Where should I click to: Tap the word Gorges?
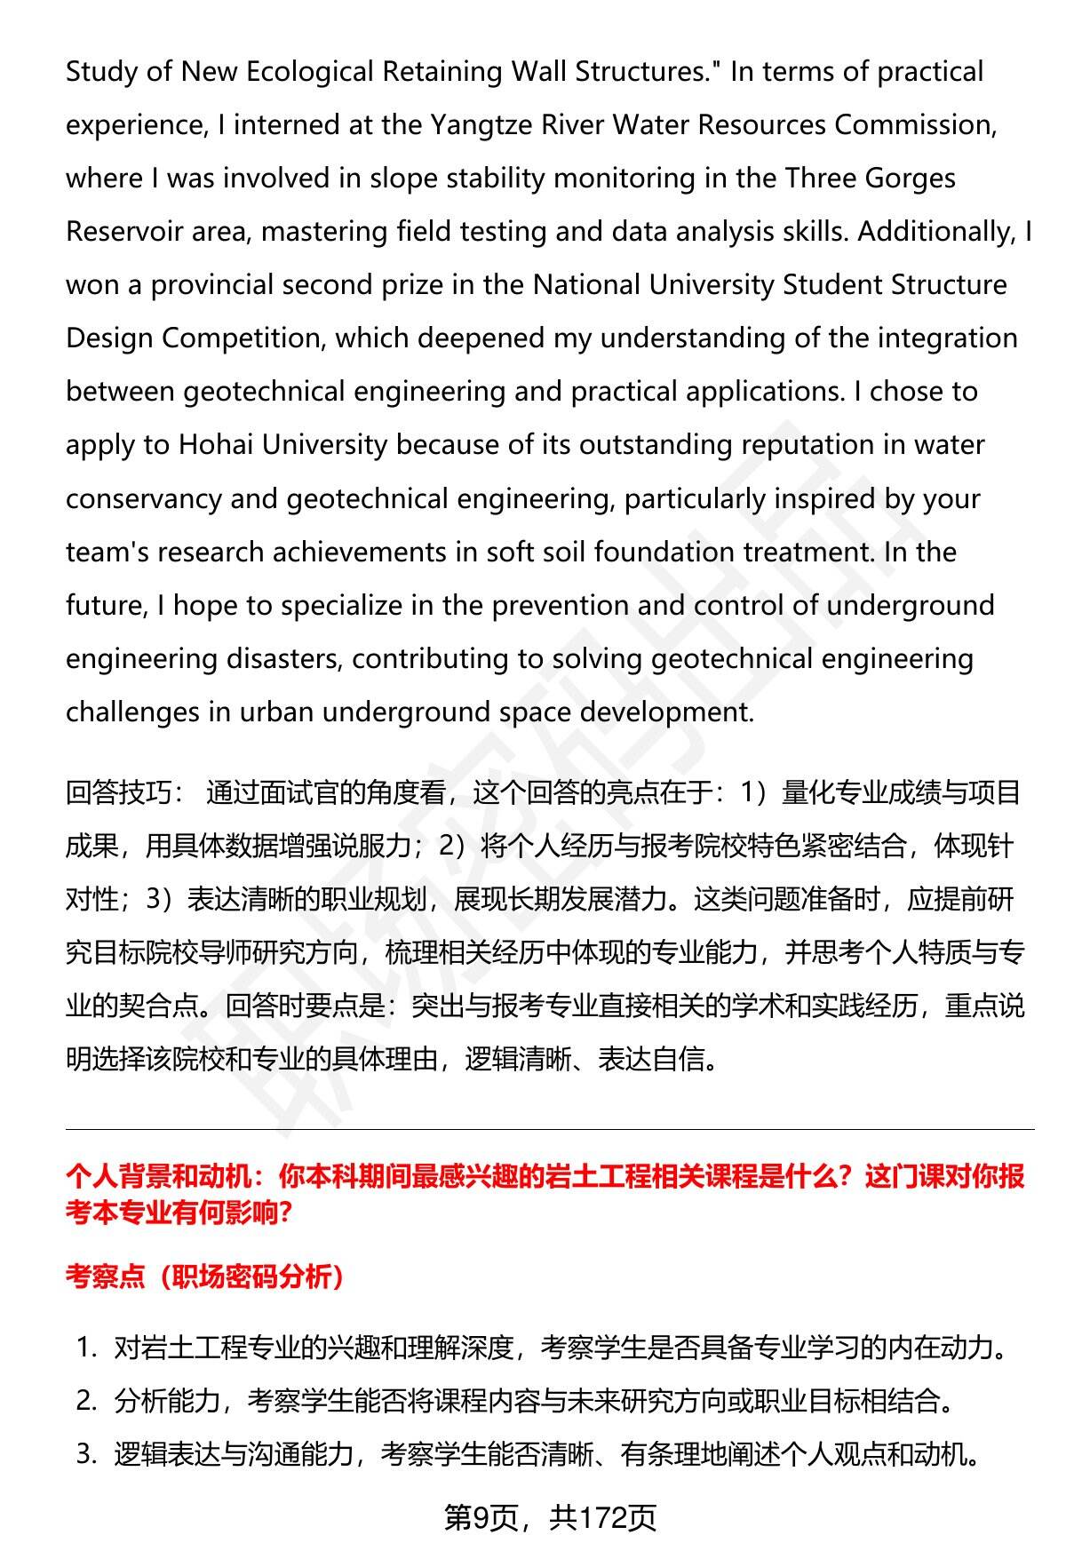pos(908,179)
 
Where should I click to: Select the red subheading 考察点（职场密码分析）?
pos(205,1277)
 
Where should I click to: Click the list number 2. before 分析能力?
pos(85,1402)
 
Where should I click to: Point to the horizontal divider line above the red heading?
pos(550,1130)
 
